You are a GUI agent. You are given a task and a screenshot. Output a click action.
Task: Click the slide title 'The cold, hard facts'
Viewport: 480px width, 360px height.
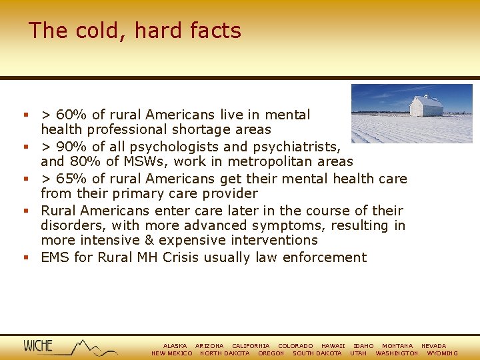tap(135, 31)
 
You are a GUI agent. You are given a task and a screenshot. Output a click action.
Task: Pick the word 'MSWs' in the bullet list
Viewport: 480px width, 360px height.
tap(121, 161)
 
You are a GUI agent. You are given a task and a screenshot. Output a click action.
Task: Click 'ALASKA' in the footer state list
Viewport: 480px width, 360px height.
tap(175, 346)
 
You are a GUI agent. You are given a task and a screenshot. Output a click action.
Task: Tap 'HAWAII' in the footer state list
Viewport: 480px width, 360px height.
tap(333, 346)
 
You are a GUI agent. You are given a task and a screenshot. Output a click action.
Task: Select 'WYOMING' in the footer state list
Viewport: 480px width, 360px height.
tap(442, 353)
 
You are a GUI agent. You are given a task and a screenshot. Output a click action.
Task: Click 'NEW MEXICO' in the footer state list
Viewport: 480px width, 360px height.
tap(172, 353)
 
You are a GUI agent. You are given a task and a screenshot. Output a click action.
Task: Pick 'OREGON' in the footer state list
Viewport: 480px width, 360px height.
tap(271, 353)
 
